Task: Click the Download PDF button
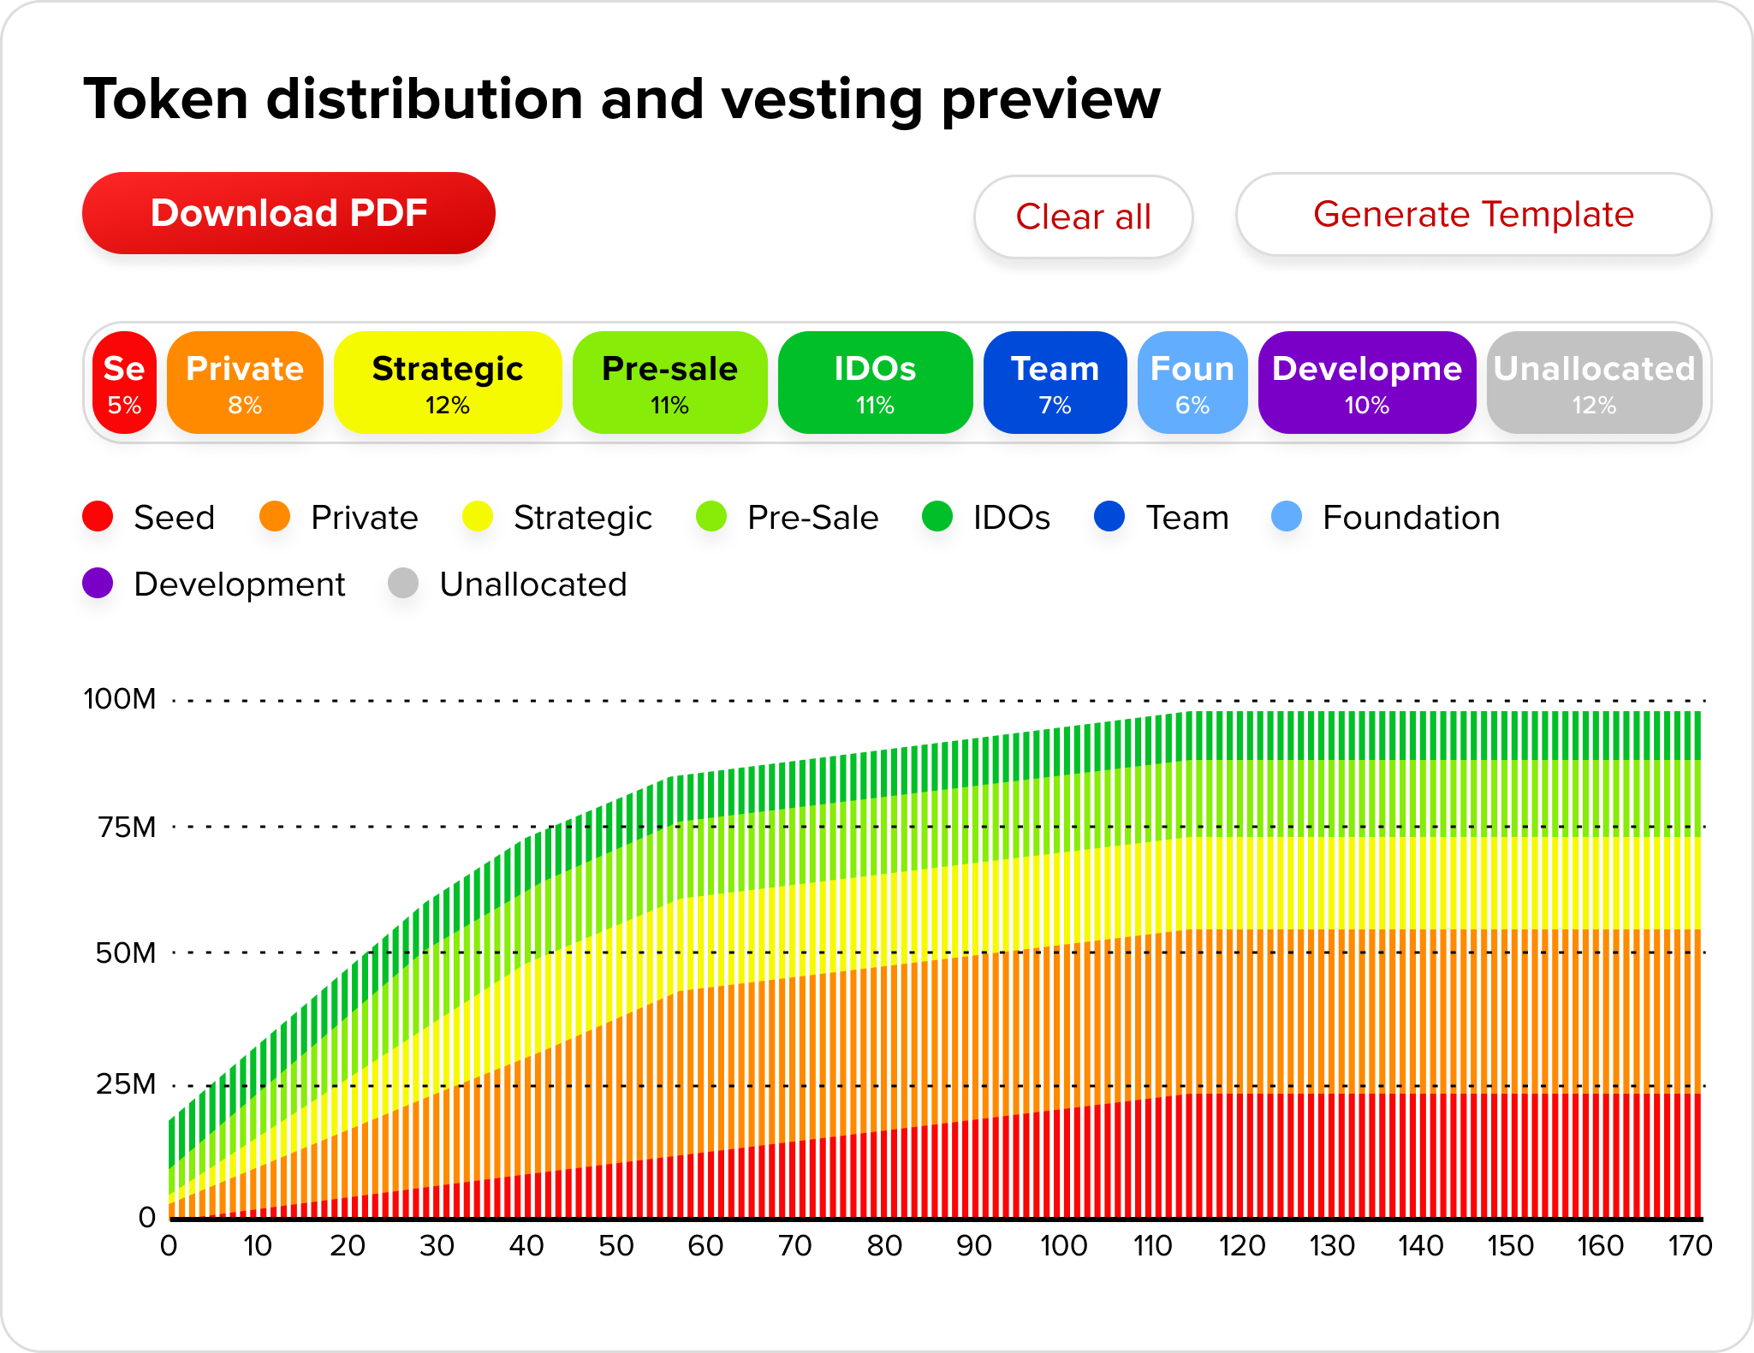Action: point(288,213)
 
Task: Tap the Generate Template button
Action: point(1473,215)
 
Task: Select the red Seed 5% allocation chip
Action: point(124,383)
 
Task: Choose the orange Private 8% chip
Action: point(245,383)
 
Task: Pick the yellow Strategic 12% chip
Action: point(447,383)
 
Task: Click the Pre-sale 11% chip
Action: point(669,383)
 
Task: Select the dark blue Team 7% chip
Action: point(1055,383)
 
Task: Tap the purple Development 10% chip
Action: point(1366,383)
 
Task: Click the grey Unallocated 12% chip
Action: point(1594,383)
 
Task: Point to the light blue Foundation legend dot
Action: point(1287,517)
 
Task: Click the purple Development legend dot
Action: point(98,584)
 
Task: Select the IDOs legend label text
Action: point(1011,518)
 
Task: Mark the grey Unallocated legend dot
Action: point(403,584)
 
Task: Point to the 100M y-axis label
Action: point(120,699)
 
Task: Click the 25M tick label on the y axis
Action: point(126,1084)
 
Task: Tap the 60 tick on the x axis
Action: point(705,1245)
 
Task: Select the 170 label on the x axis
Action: point(1689,1245)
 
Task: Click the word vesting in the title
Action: point(823,99)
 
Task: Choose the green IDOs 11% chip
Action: point(875,383)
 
